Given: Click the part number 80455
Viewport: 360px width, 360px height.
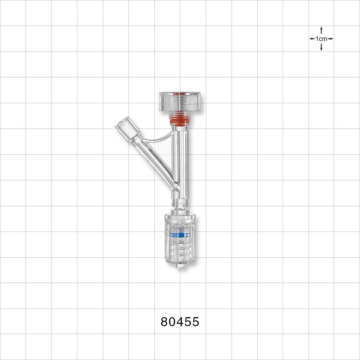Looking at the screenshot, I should pos(180,321).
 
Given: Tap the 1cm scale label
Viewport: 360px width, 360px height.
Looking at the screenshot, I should pos(321,39).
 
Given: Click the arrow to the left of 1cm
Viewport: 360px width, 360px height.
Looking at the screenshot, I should pos(312,39).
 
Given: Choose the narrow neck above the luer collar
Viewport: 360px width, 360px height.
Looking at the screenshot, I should pos(180,207).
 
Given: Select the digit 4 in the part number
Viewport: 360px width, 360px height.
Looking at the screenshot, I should pos(180,321).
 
